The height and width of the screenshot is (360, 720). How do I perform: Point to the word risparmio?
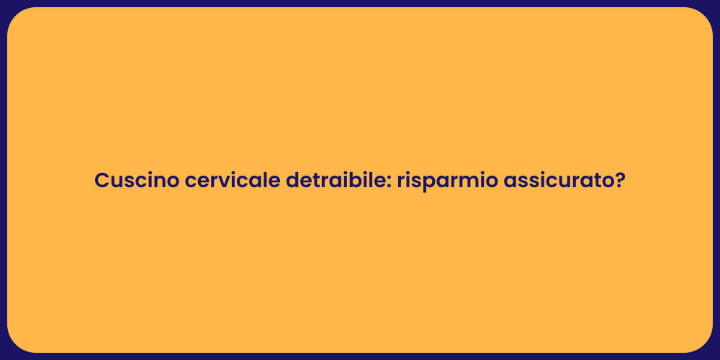click(x=446, y=182)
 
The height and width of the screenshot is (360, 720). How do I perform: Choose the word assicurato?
click(x=558, y=181)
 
